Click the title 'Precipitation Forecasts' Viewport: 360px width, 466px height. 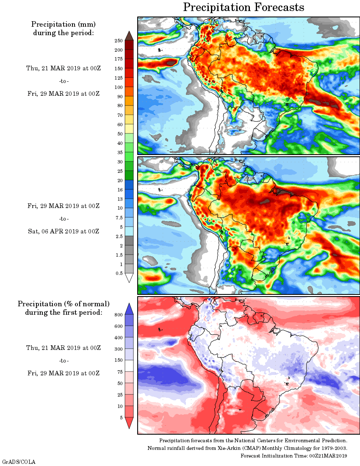(243, 7)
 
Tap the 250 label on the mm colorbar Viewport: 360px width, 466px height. (119, 41)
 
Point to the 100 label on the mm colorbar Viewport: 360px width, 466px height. (119, 87)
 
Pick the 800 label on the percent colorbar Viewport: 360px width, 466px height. (119, 315)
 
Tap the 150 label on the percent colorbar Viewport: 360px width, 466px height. (119, 361)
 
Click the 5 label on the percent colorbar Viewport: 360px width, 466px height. (121, 418)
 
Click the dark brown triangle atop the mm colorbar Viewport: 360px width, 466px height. (129, 36)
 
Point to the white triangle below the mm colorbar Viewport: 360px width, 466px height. (129, 277)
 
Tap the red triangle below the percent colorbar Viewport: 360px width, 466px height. (129, 422)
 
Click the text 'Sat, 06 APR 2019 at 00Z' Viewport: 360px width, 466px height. (64, 231)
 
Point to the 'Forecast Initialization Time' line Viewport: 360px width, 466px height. (294, 455)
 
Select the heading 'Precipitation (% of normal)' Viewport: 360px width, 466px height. (64, 304)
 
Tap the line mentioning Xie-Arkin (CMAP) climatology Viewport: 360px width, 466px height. (247, 448)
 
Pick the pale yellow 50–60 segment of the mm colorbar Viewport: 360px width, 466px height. (129, 129)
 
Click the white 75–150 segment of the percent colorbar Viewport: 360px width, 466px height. (129, 366)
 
